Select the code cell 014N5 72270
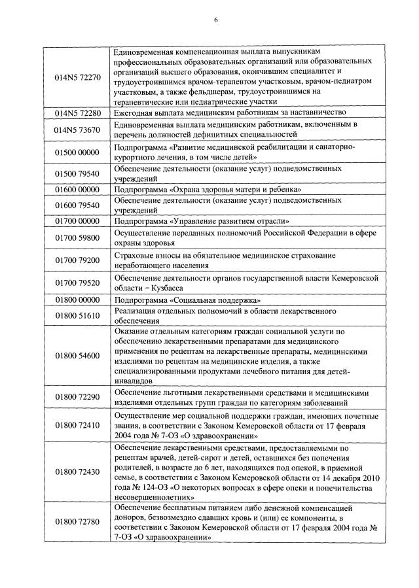coord(77,77)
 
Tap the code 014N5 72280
coord(77,112)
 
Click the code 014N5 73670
coord(77,130)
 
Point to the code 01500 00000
coord(77,152)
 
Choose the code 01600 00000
coord(77,189)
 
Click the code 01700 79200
coord(77,260)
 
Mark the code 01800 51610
coord(77,316)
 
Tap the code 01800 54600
coord(77,356)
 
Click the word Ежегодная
coord(134,112)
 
